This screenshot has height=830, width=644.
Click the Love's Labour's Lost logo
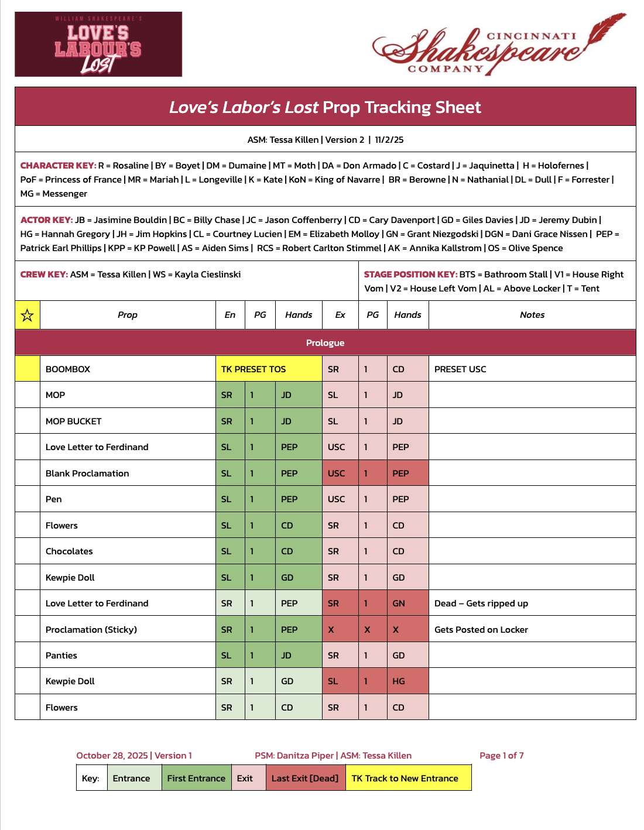coord(98,44)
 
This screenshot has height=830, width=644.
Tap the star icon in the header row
coord(27,315)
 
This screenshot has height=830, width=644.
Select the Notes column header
coord(532,315)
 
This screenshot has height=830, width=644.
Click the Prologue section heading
coord(325,343)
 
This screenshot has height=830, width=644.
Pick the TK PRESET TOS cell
coord(254,369)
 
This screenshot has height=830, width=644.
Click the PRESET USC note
coord(460,369)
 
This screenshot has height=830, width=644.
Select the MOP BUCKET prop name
coord(73,421)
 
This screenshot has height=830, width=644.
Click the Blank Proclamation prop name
coord(87,474)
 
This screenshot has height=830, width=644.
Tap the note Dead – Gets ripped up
coord(481,603)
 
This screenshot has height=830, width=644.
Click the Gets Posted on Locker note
coord(481,630)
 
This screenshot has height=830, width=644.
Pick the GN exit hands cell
coord(399,603)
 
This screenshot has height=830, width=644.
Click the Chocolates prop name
coord(69,551)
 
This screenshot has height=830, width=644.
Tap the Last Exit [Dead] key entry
coord(304,778)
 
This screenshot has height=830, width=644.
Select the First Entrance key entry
coord(196,778)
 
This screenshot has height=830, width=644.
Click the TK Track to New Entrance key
coord(405,778)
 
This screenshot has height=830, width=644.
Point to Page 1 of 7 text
coord(501,756)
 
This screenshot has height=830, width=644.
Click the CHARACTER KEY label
coord(57,166)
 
